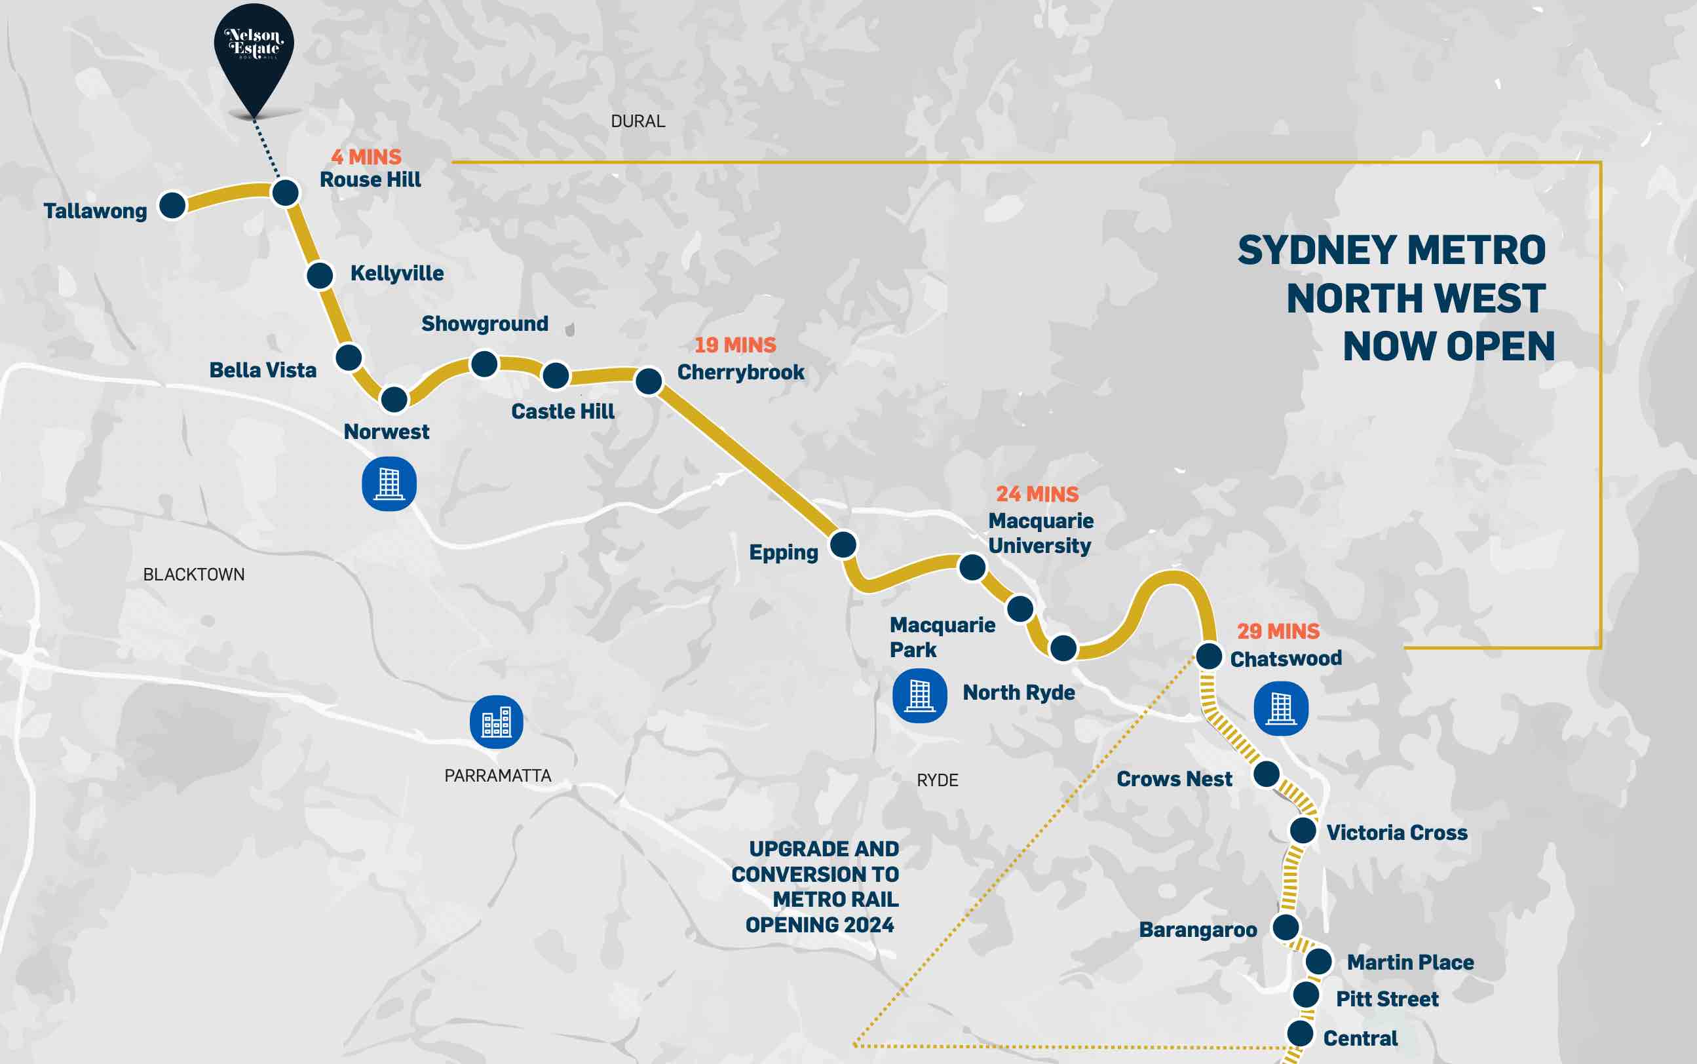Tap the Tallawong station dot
(x=172, y=206)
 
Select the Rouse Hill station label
(x=370, y=180)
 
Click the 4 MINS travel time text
(x=366, y=157)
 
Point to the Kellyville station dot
(x=320, y=275)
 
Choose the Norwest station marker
(x=394, y=400)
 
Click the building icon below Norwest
(x=389, y=484)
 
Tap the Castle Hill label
(x=562, y=411)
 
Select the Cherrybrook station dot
(x=649, y=381)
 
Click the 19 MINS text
(x=734, y=345)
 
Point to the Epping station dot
(x=843, y=544)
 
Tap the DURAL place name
(x=638, y=122)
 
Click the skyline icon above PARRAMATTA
(x=496, y=722)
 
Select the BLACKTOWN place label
(x=193, y=575)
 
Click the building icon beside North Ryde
(x=919, y=695)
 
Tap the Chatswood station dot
(x=1209, y=656)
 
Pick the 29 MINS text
(x=1278, y=631)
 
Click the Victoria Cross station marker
(x=1303, y=830)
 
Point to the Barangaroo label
(x=1198, y=930)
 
